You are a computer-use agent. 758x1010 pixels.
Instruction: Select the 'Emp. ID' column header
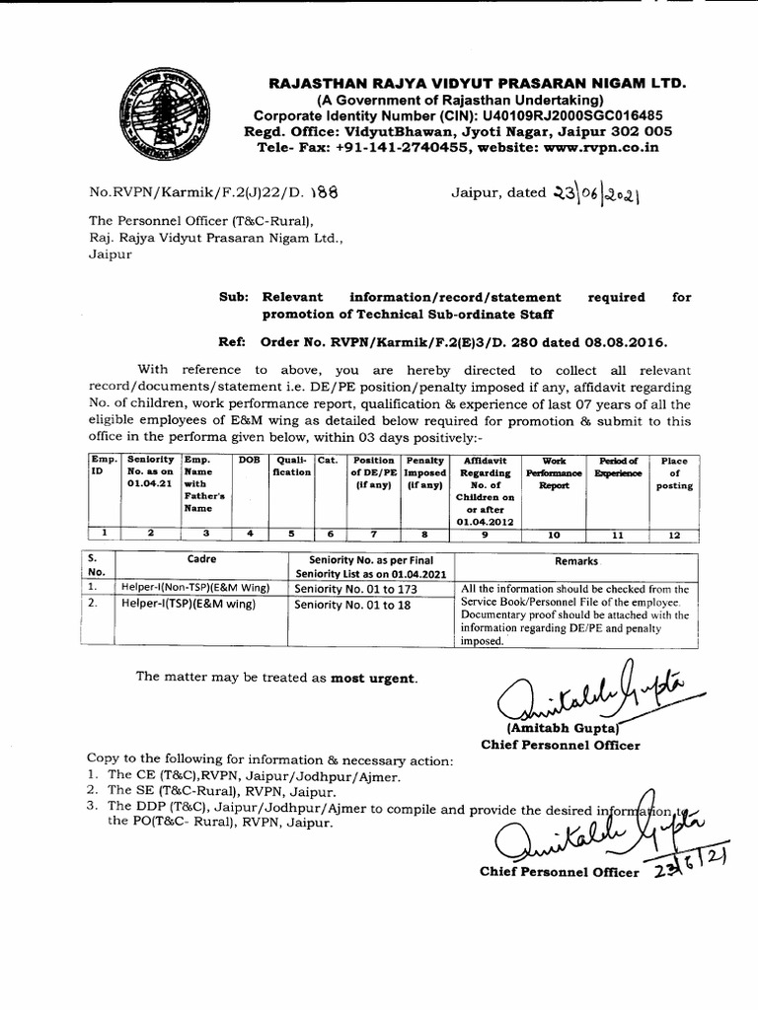coord(103,467)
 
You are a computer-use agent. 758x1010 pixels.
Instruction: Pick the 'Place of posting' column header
coord(675,473)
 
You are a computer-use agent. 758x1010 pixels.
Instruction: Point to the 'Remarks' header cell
coord(575,560)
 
